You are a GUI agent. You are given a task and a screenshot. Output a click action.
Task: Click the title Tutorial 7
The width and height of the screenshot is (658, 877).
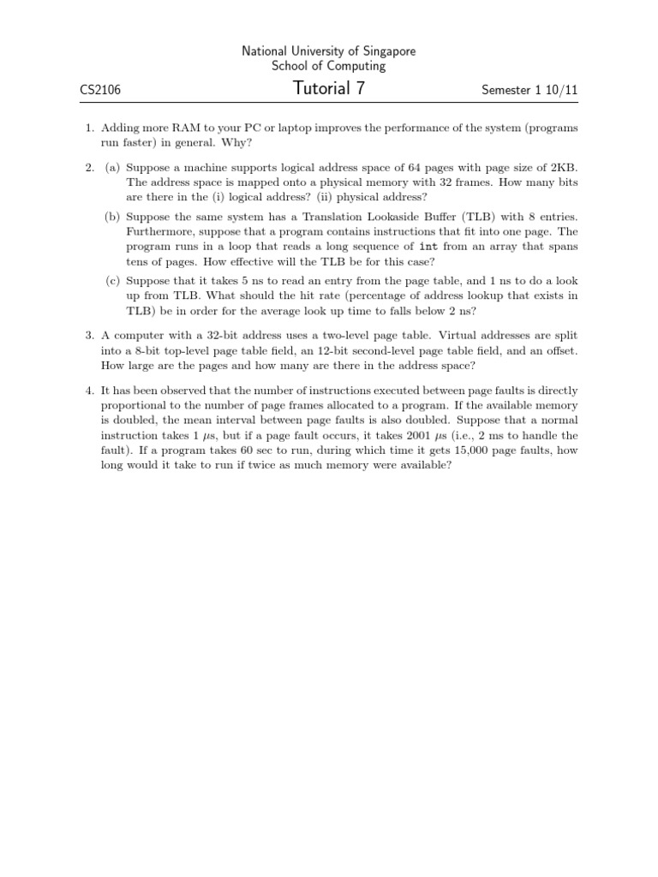[x=328, y=88]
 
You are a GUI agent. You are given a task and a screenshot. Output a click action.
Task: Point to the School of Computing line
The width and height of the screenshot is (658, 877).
[x=328, y=66]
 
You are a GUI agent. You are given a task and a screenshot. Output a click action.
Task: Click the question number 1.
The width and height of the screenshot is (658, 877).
[x=88, y=128]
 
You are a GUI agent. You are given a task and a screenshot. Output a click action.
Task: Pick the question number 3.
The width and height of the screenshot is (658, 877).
[x=88, y=336]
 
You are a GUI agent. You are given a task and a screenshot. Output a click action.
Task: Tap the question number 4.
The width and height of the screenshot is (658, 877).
[x=88, y=391]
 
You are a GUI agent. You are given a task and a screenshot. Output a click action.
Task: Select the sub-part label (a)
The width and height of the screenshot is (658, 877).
[x=112, y=169]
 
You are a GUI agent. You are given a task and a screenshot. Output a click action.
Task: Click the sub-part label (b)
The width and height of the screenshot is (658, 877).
[x=112, y=218]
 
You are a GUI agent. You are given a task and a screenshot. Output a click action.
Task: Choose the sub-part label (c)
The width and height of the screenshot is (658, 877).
[x=112, y=280]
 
